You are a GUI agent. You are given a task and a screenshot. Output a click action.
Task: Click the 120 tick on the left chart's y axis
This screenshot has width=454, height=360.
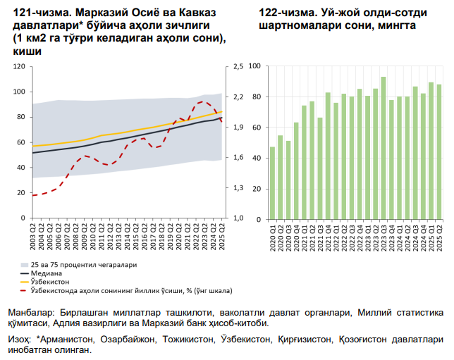(20, 67)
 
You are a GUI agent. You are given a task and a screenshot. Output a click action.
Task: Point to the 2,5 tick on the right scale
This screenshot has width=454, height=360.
(236, 67)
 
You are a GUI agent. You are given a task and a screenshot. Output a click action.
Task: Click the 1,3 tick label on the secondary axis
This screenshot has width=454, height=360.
(236, 188)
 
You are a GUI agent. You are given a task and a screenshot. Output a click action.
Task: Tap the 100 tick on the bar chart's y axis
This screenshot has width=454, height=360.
(256, 67)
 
